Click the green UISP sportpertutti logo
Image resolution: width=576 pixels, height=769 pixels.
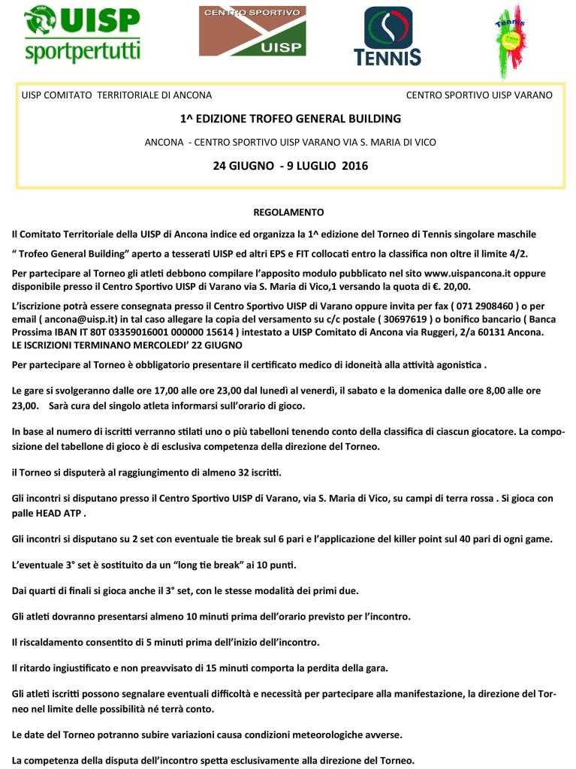tap(82, 35)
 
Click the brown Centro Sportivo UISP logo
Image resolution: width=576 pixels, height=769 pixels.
tap(252, 32)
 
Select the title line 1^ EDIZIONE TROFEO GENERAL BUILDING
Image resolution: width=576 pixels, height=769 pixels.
tap(291, 119)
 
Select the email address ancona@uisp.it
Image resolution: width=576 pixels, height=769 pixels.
tap(75, 320)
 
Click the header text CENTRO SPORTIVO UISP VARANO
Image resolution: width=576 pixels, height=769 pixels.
tap(479, 95)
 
